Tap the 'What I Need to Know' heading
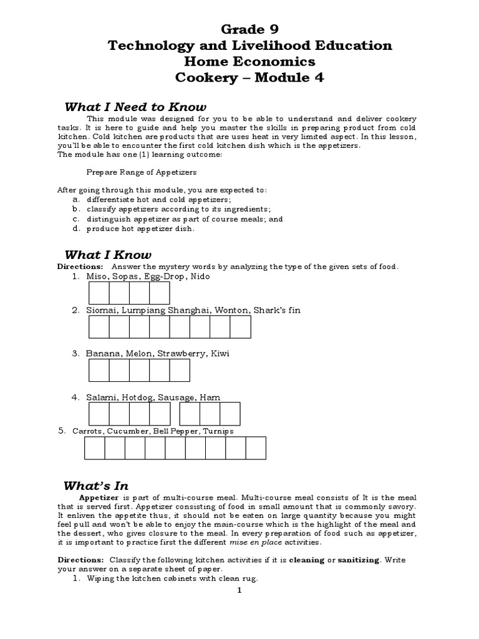point(135,107)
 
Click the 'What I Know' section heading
point(108,255)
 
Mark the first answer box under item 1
point(99,293)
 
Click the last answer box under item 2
point(240,327)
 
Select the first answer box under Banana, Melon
point(99,370)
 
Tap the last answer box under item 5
point(256,447)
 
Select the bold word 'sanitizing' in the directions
point(358,560)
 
